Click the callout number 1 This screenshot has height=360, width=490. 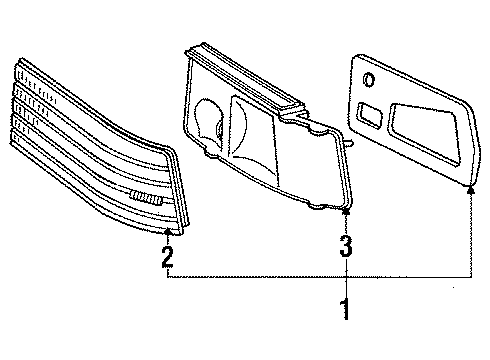345,308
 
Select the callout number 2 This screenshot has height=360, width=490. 167,256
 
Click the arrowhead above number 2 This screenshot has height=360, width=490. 167,232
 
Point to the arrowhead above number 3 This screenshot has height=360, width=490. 345,210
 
